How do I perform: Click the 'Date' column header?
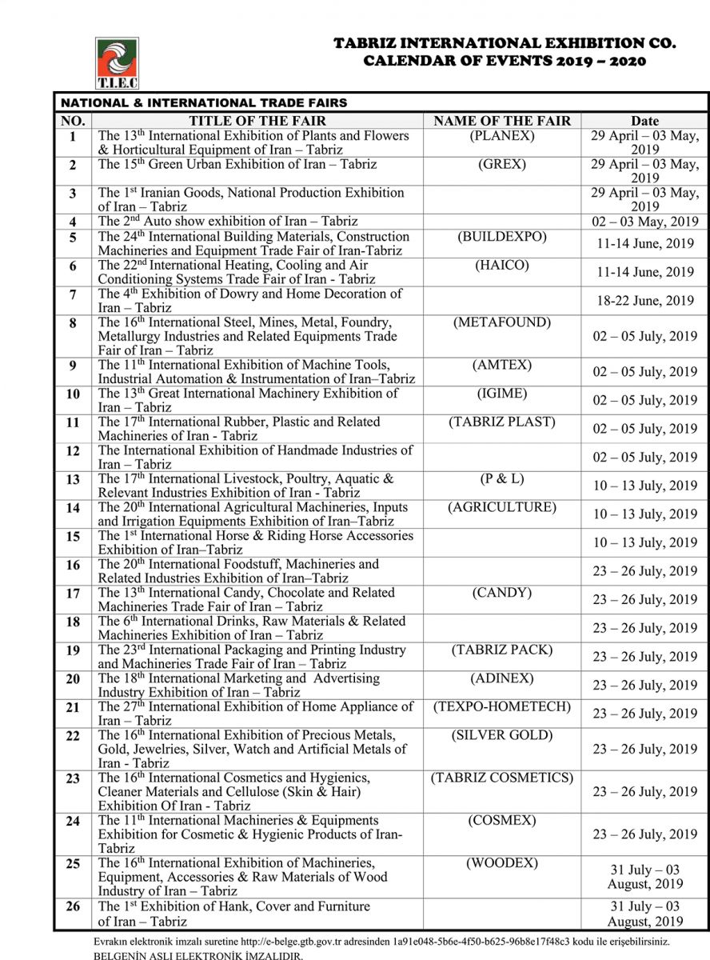[644, 122]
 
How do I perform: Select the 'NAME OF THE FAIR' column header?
[502, 122]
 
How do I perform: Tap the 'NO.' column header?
[73, 122]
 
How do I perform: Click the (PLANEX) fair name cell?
[502, 136]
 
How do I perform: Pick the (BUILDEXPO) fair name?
[502, 237]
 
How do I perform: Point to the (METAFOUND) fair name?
[502, 322]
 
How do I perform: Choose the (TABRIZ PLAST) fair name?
[502, 422]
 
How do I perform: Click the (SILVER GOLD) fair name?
[502, 735]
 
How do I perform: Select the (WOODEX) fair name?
[502, 863]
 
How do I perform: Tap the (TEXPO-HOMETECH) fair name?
[502, 706]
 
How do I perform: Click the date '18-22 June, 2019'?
[644, 301]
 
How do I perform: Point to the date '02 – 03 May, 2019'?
[644, 222]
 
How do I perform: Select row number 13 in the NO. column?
[74, 480]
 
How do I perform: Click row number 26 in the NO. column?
[74, 907]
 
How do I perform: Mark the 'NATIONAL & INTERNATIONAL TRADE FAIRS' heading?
[205, 103]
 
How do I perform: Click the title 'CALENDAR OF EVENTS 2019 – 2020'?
[505, 62]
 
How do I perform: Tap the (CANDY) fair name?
[502, 593]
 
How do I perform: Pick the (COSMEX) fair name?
[502, 821]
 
